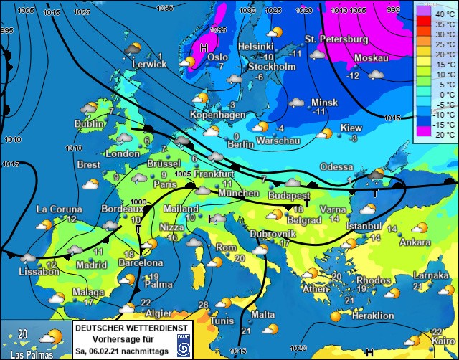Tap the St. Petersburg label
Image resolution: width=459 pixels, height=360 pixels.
tap(336, 39)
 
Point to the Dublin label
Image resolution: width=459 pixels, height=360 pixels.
tap(90, 123)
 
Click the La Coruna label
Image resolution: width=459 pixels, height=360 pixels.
tap(57, 209)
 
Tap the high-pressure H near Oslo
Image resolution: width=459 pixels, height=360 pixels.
tap(204, 47)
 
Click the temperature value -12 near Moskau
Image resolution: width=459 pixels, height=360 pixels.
tap(353, 76)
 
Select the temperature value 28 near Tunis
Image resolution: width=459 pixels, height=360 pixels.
tap(204, 305)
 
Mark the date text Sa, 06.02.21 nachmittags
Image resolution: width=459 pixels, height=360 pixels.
tap(123, 351)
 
